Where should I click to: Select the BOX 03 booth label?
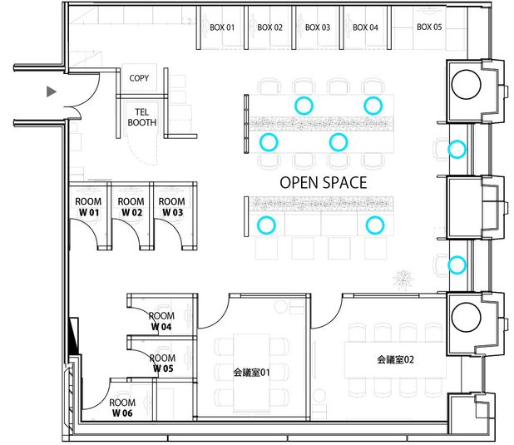(318, 27)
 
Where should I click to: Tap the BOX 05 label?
(429, 27)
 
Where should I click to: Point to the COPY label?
(139, 78)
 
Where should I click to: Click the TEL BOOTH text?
(141, 116)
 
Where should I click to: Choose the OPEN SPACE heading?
(323, 182)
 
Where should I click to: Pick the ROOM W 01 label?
(88, 207)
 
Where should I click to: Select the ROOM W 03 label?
(172, 207)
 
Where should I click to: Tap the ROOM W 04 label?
(161, 321)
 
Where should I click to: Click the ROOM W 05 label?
(161, 363)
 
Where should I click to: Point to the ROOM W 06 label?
(122, 408)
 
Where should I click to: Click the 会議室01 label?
(251, 372)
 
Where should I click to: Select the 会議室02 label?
(396, 360)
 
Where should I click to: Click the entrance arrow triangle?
(52, 90)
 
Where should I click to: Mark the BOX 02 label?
(270, 27)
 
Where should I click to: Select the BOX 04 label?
(366, 27)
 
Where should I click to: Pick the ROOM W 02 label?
(131, 207)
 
